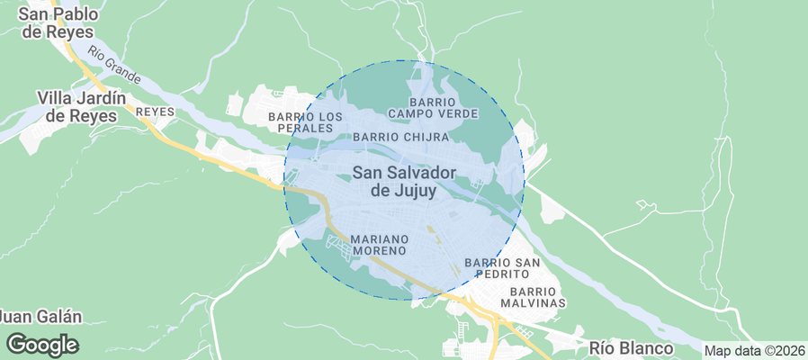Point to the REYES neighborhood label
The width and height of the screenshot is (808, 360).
(x=154, y=112)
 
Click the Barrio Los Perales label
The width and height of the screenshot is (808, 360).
(x=306, y=123)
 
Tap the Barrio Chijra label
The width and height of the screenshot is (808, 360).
(x=400, y=137)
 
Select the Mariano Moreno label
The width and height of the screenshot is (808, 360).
(x=380, y=244)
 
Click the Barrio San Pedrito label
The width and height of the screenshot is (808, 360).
(x=502, y=267)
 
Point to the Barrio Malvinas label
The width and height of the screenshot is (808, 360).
(x=537, y=297)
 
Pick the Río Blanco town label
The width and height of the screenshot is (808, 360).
(x=631, y=348)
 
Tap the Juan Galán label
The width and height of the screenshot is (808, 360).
(x=40, y=317)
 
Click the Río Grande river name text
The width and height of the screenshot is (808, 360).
(x=111, y=61)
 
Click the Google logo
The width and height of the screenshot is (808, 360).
(x=42, y=344)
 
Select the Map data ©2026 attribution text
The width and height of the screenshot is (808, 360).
(x=754, y=351)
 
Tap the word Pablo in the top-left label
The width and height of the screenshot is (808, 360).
(x=74, y=14)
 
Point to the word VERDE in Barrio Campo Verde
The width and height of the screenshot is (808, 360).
(x=458, y=114)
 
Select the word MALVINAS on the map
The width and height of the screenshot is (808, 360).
(x=537, y=303)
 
